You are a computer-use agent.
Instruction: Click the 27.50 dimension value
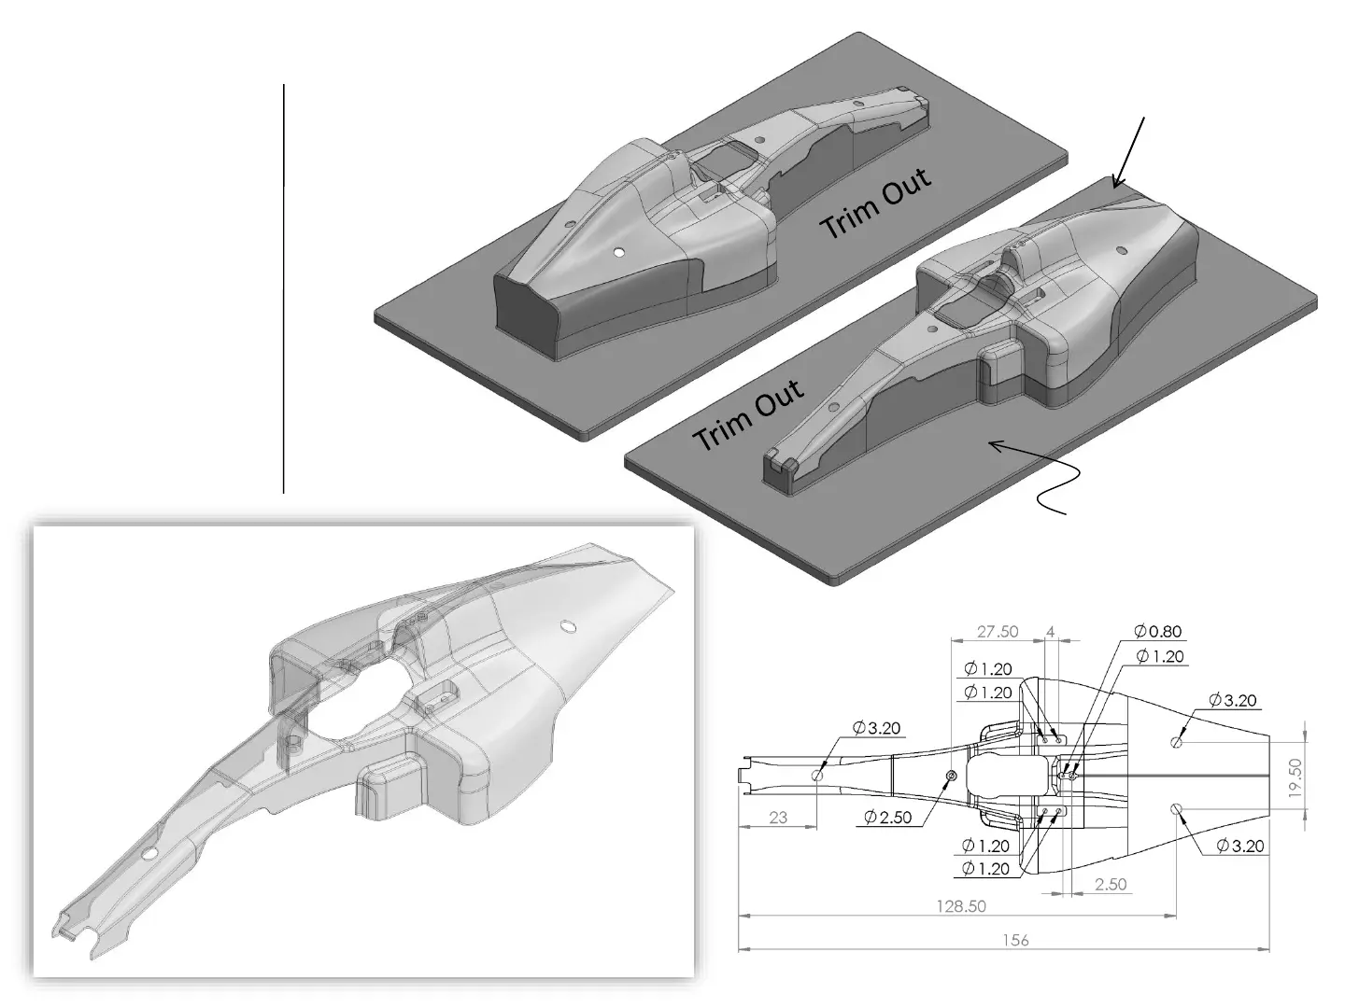[x=997, y=631]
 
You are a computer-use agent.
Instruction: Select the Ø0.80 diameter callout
[x=1157, y=630]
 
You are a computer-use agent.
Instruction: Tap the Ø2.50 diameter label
[x=888, y=817]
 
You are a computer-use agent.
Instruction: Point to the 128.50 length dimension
[x=961, y=905]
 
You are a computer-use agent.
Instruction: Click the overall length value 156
[x=1015, y=940]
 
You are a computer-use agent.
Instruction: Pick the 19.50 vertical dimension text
[x=1295, y=777]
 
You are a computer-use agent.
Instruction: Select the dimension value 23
[x=778, y=817]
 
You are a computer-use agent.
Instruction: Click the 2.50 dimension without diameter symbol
[x=1111, y=884]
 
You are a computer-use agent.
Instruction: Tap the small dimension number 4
[x=1050, y=631]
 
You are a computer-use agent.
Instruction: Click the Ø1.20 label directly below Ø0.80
[x=1160, y=656]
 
